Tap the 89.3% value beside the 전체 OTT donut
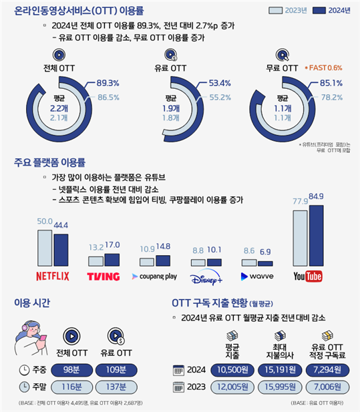point(108,83)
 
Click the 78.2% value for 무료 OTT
point(332,97)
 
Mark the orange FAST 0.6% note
point(324,68)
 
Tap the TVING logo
point(104,276)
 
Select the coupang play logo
point(156,276)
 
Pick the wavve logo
point(257,276)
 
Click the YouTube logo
point(309,276)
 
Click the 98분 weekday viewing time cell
point(74,369)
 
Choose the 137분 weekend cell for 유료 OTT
point(117,387)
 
